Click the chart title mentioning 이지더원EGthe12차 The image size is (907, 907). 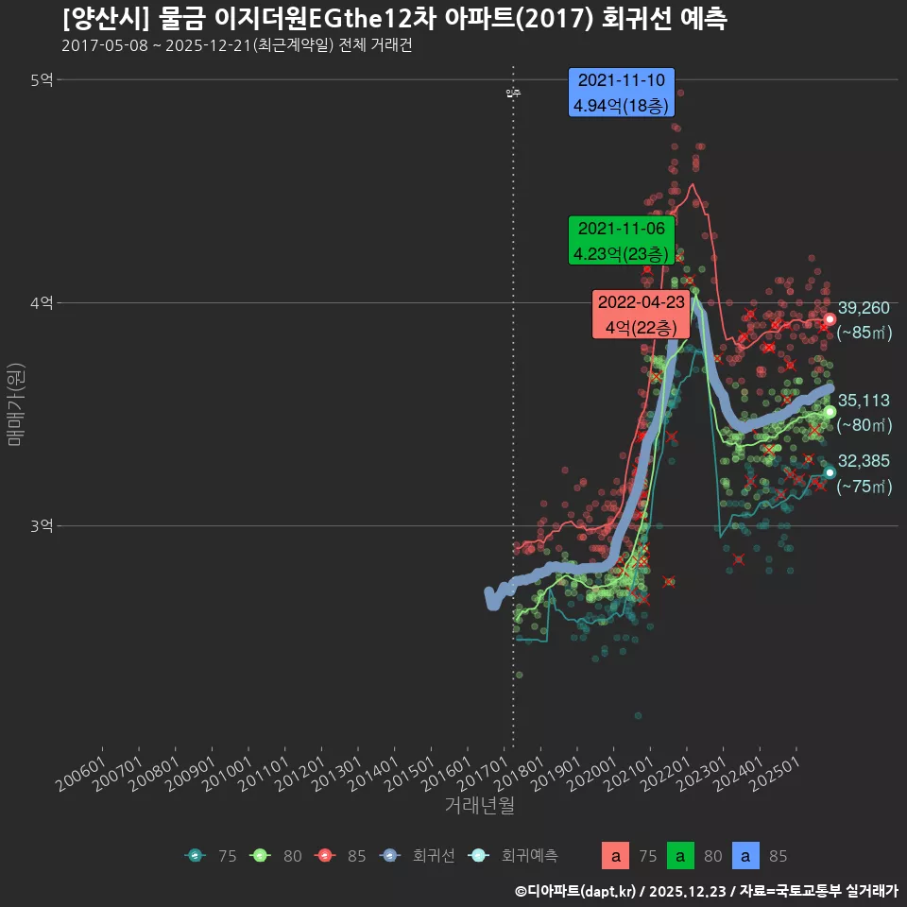(395, 19)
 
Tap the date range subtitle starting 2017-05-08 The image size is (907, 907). (236, 46)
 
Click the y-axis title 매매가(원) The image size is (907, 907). (14, 403)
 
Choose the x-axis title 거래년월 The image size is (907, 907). (479, 806)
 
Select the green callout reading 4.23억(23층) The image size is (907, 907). (620, 241)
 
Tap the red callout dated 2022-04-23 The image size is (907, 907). (641, 315)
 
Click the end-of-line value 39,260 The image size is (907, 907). (864, 308)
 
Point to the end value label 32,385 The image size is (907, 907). (864, 461)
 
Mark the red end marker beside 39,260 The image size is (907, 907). (830, 319)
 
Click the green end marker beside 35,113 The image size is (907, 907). (830, 412)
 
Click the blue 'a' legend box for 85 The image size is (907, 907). (746, 856)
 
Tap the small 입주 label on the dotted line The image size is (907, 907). (513, 93)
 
